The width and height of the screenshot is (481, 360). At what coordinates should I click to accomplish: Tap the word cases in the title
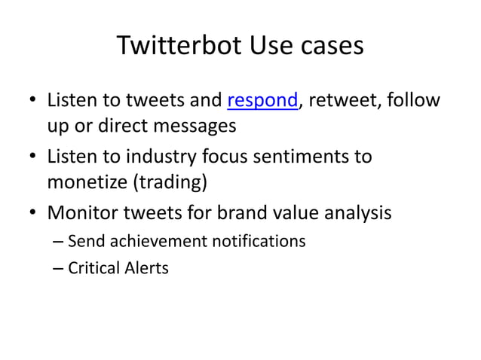[x=329, y=46]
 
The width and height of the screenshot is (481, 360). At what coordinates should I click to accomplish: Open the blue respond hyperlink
[x=262, y=100]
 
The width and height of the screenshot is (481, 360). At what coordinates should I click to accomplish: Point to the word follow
[x=412, y=100]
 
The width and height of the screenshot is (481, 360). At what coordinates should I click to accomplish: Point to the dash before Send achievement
[x=59, y=243]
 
